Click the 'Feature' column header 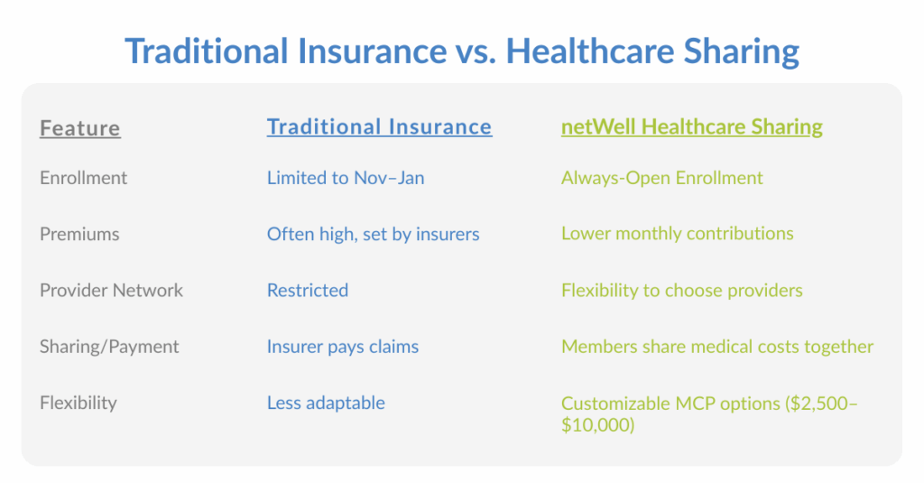(79, 128)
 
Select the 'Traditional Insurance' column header (379, 126)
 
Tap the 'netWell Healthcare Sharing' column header (691, 126)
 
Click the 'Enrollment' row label (83, 178)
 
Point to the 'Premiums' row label (79, 234)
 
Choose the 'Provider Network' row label (111, 290)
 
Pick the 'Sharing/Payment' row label (109, 347)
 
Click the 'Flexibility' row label (78, 403)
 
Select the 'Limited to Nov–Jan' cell (346, 178)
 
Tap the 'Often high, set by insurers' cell (373, 234)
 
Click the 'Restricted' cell (307, 290)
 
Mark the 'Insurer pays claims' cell (342, 347)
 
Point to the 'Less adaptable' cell (326, 403)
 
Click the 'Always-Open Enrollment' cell (661, 178)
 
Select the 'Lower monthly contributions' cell (677, 234)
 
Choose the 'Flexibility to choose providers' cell (681, 290)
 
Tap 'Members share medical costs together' (716, 347)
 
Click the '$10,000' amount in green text (597, 424)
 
